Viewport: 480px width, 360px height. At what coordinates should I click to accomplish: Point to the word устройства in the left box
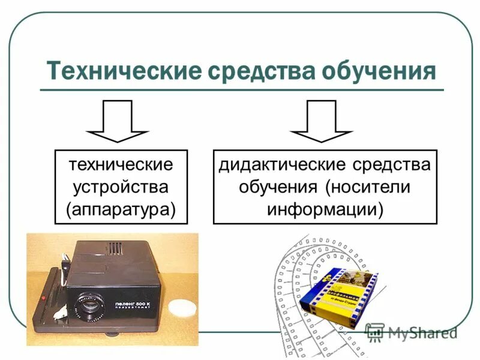click(x=121, y=186)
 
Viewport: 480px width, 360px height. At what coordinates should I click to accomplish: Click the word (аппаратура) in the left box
click(x=121, y=208)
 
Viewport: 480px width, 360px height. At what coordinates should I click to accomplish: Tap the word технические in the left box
click(x=121, y=164)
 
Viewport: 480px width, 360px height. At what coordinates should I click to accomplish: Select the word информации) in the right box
click(x=325, y=208)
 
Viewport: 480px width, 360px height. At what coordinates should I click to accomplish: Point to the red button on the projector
click(x=43, y=298)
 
